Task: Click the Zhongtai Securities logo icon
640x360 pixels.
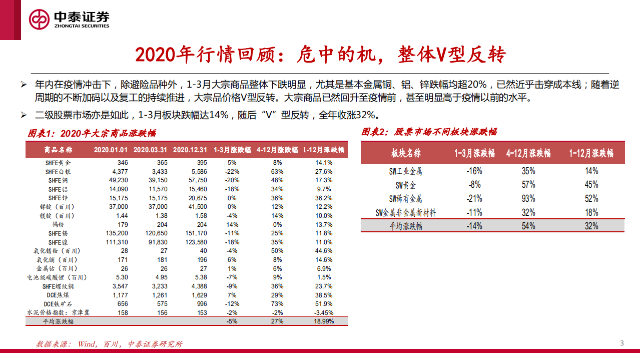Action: point(39,20)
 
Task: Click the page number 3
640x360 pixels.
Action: point(622,343)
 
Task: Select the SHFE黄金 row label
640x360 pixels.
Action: point(59,163)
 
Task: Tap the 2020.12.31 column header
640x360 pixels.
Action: point(190,150)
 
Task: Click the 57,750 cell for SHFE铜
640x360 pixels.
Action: point(197,180)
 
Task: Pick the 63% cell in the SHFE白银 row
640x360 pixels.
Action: point(277,172)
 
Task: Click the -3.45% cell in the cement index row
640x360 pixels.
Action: point(323,312)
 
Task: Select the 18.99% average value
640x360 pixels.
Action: point(323,321)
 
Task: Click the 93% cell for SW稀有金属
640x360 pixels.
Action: point(528,199)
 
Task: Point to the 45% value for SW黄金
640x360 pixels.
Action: point(591,185)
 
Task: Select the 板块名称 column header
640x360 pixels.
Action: point(406,153)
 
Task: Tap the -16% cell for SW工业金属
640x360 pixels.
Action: point(474,171)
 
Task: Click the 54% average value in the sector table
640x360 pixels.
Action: point(528,226)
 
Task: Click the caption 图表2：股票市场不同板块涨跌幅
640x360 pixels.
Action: point(429,132)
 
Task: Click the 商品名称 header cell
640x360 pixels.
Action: point(59,150)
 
